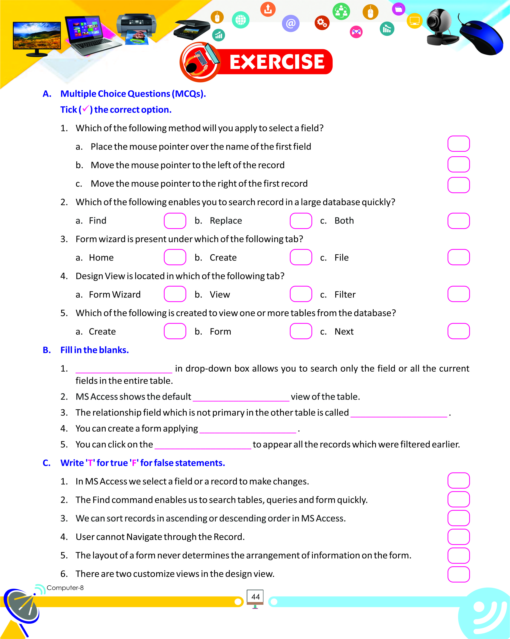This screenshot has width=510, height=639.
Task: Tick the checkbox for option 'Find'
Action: point(175,221)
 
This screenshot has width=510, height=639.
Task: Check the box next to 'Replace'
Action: point(301,221)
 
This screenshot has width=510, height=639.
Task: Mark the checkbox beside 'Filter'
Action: point(459,294)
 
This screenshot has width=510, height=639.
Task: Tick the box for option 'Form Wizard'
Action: point(175,294)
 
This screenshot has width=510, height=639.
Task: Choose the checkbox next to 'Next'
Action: point(459,331)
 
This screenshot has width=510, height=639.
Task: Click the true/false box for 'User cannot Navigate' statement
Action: point(459,537)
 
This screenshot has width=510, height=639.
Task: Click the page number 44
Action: point(255,597)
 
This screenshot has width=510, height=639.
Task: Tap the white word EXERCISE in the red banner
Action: point(277,62)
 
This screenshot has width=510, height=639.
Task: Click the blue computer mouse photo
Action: point(481,37)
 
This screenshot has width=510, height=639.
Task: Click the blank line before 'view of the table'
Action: point(241,397)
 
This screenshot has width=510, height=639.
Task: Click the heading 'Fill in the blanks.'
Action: point(95,350)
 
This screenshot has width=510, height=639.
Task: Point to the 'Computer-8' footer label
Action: point(65,588)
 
